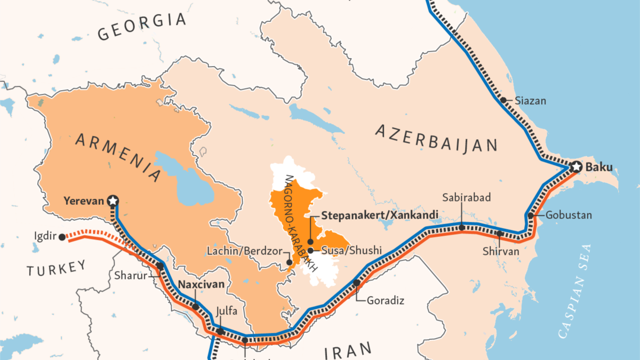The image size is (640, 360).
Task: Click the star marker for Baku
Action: (575, 167)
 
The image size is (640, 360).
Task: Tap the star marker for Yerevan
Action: (113, 201)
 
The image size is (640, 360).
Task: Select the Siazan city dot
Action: (502, 100)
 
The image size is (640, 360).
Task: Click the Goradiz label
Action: (385, 300)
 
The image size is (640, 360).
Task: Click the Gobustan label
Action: (569, 215)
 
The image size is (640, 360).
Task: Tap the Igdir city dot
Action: (62, 237)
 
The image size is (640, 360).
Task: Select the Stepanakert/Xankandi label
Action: (380, 215)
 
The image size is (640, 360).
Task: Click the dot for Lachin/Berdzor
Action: (289, 262)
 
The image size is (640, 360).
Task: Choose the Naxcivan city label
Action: (201, 284)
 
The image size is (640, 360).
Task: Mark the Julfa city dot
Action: (220, 331)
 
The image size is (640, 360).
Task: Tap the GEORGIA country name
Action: (142, 27)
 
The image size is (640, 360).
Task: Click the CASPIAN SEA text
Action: (577, 291)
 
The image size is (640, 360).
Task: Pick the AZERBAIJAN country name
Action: (436, 138)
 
